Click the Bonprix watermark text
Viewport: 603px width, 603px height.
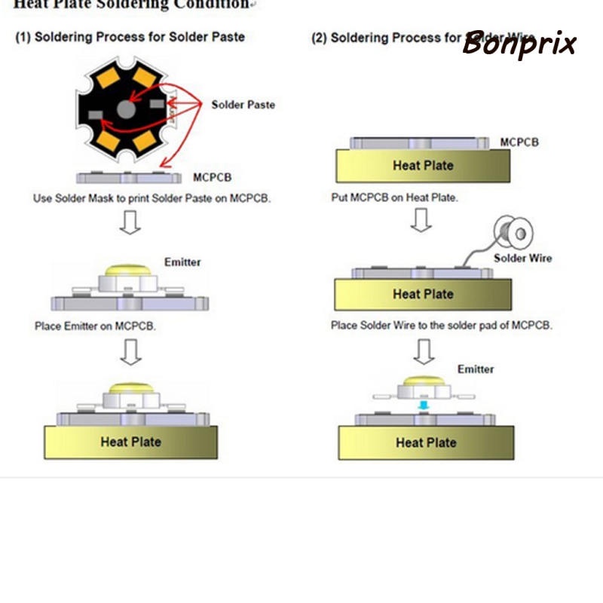click(519, 44)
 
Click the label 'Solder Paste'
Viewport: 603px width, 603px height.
click(243, 105)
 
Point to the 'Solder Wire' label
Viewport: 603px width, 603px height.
click(522, 258)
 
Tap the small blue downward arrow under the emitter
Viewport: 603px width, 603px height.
click(424, 406)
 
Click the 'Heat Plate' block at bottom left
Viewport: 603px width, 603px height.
click(130, 442)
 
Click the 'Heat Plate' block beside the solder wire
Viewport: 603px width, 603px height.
click(423, 294)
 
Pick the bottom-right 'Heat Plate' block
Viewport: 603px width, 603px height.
click(426, 442)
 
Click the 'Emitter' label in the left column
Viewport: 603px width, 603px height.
click(182, 262)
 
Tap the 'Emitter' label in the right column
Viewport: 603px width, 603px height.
click(476, 369)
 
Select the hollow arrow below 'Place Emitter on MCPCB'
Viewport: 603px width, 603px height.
click(130, 351)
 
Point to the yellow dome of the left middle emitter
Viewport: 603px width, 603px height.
click(129, 270)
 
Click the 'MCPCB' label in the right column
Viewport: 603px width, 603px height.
click(519, 142)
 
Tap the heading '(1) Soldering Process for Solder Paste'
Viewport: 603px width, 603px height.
click(130, 37)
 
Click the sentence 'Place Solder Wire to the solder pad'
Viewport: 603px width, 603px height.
click(442, 326)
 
